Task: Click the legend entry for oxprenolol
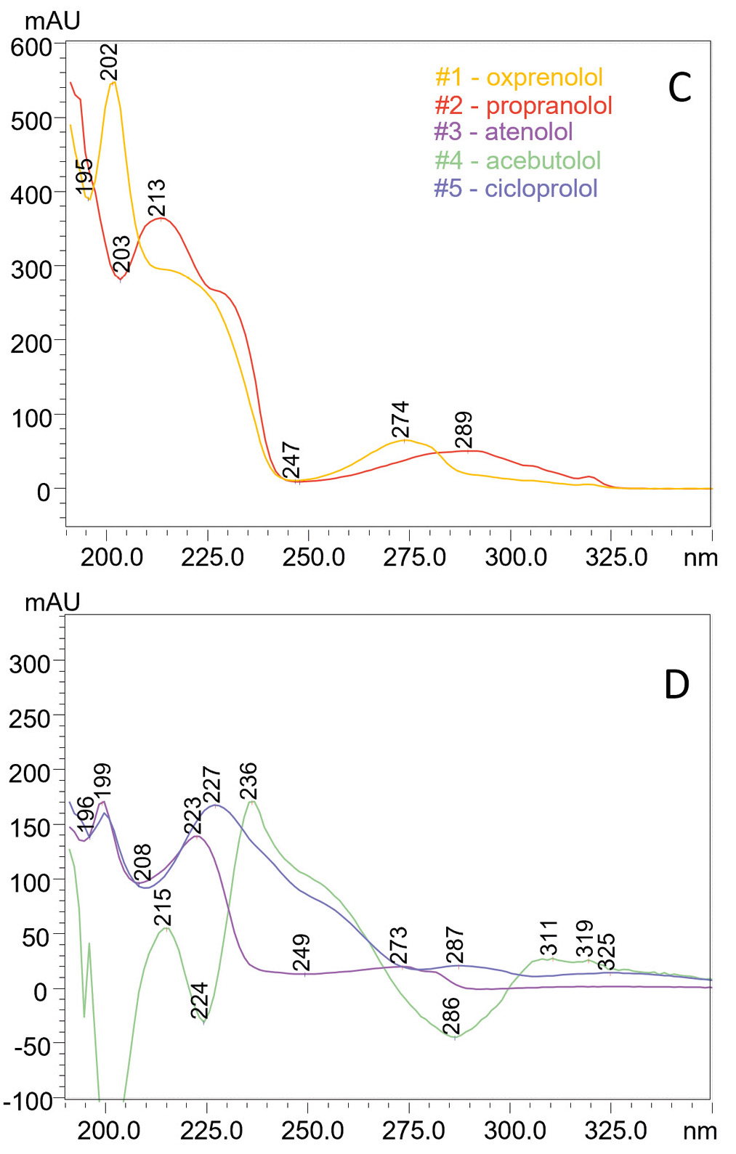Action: tap(519, 77)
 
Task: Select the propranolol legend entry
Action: tap(523, 105)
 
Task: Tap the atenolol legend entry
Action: tap(503, 131)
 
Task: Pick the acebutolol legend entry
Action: tap(517, 160)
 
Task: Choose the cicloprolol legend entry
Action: tap(515, 188)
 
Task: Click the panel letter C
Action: tap(679, 89)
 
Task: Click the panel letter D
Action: tap(676, 684)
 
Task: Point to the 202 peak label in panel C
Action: tap(109, 62)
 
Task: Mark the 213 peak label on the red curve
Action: tap(157, 198)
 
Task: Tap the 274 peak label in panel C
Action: tap(400, 420)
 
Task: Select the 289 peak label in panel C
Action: tap(464, 430)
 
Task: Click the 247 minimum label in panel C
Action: tap(291, 460)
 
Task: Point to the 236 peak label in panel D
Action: tap(248, 781)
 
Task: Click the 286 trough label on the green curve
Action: tap(451, 1015)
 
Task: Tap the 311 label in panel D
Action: tap(549, 938)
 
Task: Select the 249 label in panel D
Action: tap(302, 952)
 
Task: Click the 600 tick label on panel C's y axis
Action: tap(31, 47)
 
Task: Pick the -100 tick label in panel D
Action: tap(28, 1101)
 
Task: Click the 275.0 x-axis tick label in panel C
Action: tap(415, 558)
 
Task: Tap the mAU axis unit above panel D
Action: tap(52, 602)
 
